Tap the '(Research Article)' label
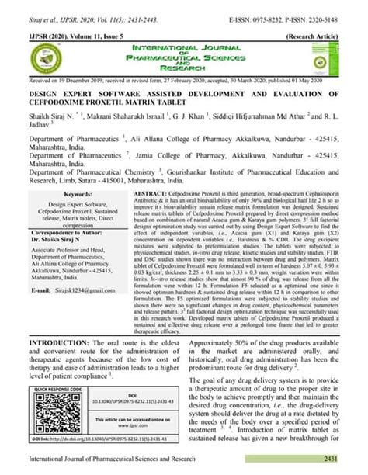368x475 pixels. [x=328, y=36]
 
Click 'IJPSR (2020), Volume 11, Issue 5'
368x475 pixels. [x=63, y=36]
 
